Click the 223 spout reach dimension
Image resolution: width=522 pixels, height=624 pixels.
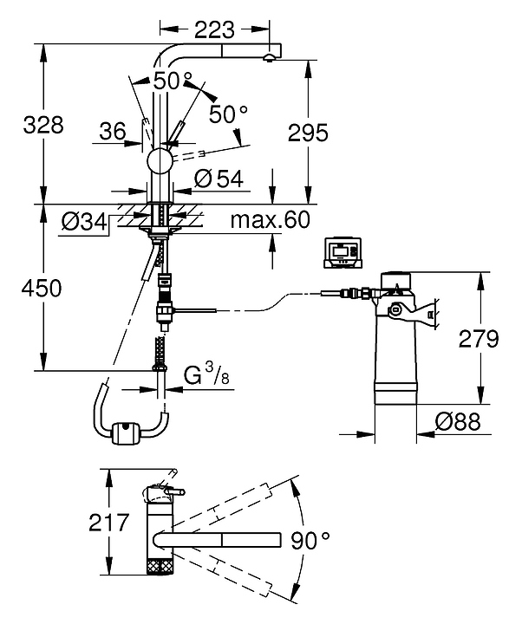click(x=215, y=29)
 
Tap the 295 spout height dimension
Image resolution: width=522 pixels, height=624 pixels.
click(x=308, y=132)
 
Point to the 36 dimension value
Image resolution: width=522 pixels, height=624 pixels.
click(x=113, y=131)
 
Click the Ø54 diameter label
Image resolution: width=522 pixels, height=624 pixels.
click(x=218, y=179)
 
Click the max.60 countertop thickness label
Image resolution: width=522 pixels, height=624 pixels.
click(x=270, y=220)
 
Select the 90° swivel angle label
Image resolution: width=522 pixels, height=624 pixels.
click(x=311, y=542)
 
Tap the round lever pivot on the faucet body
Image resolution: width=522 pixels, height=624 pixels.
click(x=160, y=161)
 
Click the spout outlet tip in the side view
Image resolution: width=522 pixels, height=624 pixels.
click(x=270, y=57)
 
